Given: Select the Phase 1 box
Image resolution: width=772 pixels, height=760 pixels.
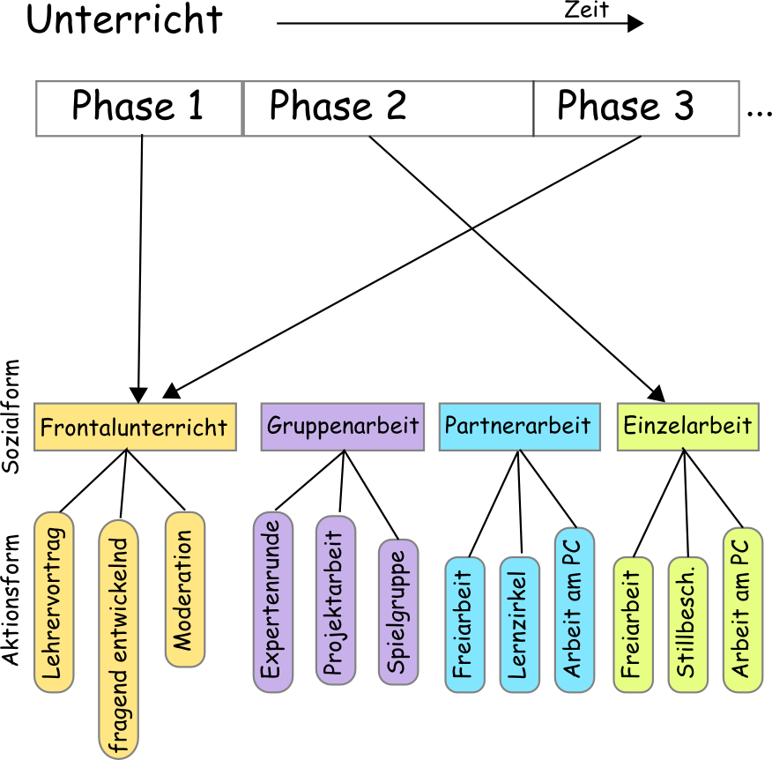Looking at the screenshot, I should [x=138, y=108].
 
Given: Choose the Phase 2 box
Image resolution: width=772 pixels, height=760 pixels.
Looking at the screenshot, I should [x=388, y=108].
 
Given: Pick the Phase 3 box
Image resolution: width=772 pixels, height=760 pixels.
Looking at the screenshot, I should [x=635, y=108].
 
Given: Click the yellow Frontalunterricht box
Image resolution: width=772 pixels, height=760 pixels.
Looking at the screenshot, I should [x=135, y=428].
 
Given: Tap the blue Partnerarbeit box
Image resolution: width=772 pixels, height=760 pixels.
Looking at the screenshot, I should [x=518, y=427].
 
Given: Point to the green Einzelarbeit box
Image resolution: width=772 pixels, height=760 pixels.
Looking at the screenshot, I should [x=687, y=427].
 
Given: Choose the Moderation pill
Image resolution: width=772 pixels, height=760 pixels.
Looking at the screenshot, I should [x=185, y=589].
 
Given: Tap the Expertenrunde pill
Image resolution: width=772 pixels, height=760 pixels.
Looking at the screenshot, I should [x=272, y=601].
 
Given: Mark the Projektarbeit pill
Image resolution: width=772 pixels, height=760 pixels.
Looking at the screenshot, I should [x=335, y=600].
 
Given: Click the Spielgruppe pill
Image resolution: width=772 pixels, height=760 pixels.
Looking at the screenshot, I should [x=398, y=612].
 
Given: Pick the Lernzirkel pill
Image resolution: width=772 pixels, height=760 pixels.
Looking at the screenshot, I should [x=519, y=624].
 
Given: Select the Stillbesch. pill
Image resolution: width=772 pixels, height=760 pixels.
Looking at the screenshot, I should [x=687, y=624].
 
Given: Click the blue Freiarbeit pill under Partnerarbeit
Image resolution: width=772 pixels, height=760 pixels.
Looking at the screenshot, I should [x=464, y=624].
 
